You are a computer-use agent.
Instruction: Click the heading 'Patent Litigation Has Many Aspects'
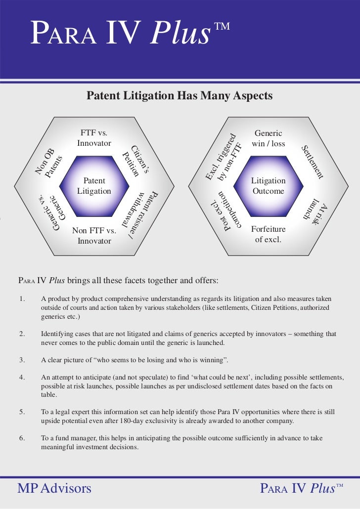point(180,95)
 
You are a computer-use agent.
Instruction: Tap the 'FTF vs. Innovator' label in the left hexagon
point(94,138)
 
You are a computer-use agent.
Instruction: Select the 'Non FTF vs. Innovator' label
point(94,236)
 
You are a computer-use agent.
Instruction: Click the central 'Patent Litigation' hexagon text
point(94,186)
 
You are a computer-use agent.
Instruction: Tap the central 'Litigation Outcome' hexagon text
point(268,186)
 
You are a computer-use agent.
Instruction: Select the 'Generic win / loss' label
point(268,138)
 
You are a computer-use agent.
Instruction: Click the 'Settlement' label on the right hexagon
point(313,162)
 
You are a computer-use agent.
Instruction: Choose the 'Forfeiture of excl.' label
point(268,235)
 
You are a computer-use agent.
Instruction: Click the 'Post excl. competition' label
point(225,212)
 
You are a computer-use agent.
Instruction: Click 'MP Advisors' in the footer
point(54,489)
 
